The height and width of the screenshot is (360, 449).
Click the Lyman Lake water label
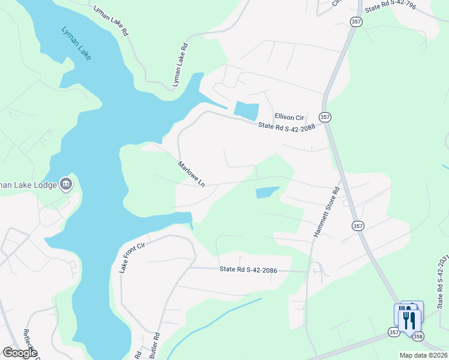(76, 43)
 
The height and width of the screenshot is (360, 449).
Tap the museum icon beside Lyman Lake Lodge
(66, 184)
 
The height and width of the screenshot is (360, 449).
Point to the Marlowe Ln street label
(191, 173)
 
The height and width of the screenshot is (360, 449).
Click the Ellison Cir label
(290, 116)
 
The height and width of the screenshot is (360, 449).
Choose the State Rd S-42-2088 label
(286, 127)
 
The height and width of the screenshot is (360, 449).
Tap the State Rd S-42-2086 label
(248, 271)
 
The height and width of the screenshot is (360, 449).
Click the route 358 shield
(418, 335)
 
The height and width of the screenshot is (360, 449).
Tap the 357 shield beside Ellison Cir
(325, 116)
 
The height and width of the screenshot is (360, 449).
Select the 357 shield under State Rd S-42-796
(355, 22)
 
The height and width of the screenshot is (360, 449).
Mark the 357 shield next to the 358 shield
(394, 332)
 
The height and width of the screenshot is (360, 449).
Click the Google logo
(20, 353)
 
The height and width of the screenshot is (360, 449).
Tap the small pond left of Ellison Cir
(246, 110)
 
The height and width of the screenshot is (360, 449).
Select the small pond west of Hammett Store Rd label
(267, 193)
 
